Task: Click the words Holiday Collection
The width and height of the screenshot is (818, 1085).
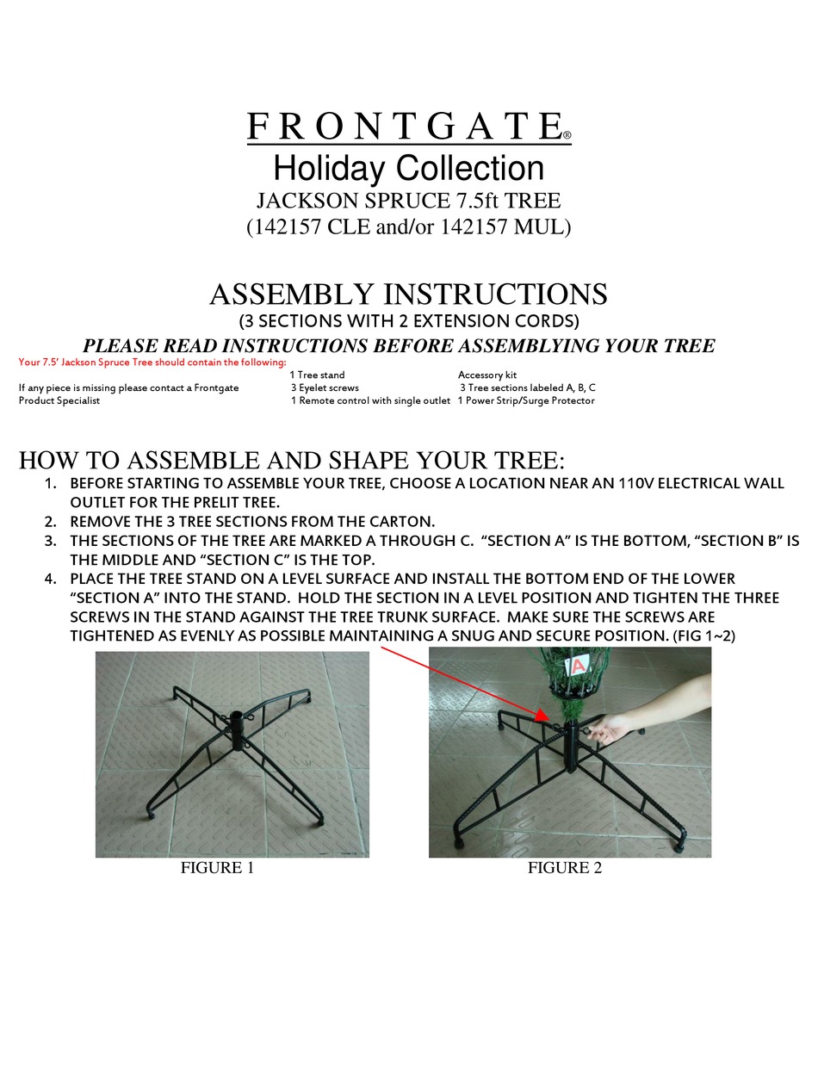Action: pos(408,168)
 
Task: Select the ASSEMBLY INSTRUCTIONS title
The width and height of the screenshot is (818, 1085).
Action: pos(408,294)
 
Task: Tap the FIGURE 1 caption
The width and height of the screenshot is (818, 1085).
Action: pos(217,868)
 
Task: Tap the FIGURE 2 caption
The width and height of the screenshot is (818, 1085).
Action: pos(565,868)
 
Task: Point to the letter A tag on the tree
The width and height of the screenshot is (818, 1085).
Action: pos(578,666)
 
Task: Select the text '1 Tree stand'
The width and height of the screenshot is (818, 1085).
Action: pos(317,375)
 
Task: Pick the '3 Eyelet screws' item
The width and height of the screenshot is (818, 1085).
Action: pos(325,388)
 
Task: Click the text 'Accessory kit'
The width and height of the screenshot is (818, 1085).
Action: pos(487,375)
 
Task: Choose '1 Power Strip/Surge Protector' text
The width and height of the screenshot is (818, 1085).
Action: pos(526,401)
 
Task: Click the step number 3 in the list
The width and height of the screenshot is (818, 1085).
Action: pos(51,541)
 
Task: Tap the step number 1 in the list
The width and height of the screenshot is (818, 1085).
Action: pos(51,483)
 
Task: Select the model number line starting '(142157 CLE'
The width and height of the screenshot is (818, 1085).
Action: pos(408,227)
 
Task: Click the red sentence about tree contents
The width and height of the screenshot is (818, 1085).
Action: pos(152,362)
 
